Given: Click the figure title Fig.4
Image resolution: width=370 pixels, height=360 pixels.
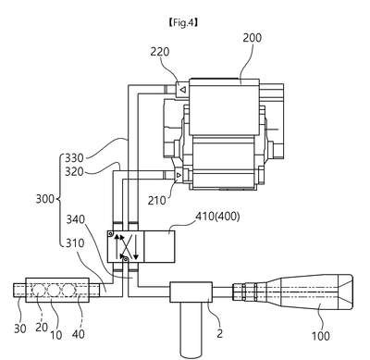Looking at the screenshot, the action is (x=183, y=22).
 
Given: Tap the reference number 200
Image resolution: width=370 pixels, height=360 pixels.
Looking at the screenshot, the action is (x=253, y=38).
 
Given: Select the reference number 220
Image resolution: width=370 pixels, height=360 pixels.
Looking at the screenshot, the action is (x=160, y=52).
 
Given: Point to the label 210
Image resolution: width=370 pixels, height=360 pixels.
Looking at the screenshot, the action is (x=157, y=201).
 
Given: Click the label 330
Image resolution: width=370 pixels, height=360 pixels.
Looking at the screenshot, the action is (x=74, y=158).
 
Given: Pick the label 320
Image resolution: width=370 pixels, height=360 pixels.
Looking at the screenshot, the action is (x=74, y=171).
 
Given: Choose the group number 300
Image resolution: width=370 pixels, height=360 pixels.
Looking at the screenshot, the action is (x=45, y=199).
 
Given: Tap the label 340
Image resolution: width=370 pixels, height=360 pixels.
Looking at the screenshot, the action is (x=76, y=219).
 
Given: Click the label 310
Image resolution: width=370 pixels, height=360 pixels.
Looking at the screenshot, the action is (x=75, y=243).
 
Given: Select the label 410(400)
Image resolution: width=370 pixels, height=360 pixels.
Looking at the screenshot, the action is (x=217, y=217).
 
